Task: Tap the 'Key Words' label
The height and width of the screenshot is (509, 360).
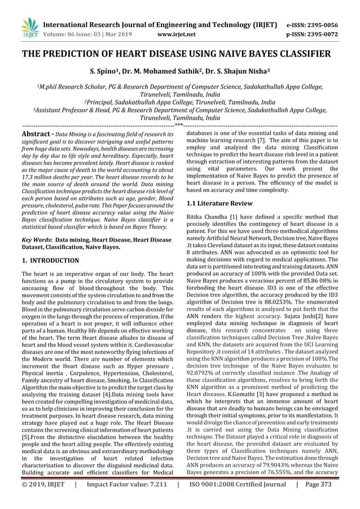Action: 36,240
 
